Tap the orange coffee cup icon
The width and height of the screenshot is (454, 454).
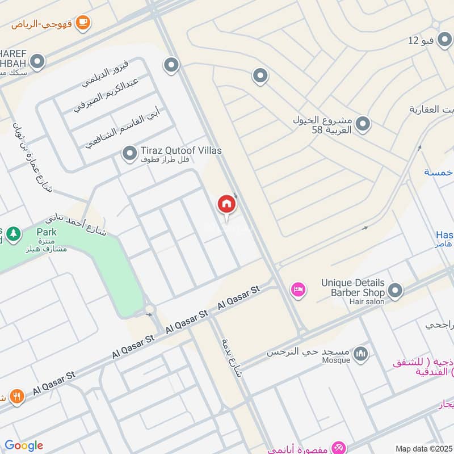click(x=83, y=23)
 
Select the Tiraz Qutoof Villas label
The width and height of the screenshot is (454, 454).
click(x=182, y=151)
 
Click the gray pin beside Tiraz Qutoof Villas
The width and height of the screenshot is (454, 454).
click(x=130, y=153)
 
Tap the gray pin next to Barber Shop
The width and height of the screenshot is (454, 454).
click(x=396, y=292)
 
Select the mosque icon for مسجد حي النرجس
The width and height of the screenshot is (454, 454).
click(x=360, y=355)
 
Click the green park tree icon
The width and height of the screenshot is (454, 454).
click(x=13, y=233)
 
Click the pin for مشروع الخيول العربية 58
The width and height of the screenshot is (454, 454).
click(x=363, y=123)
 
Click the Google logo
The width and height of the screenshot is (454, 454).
click(x=24, y=445)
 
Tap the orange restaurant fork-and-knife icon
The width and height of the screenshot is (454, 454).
click(x=17, y=396)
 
